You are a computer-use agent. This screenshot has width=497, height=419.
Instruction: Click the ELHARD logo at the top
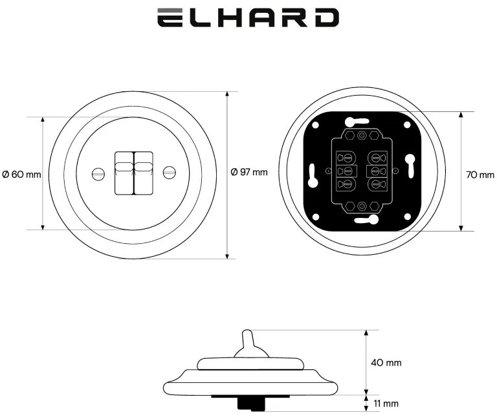point(248,17)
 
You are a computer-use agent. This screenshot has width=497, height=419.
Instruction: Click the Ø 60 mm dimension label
point(21,175)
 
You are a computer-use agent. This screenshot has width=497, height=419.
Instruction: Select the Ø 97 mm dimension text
point(248,172)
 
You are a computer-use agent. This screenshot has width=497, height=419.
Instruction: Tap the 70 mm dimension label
point(480,175)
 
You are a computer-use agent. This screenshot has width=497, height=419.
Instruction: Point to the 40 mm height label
point(386,362)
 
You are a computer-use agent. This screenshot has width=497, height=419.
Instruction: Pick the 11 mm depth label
point(386,403)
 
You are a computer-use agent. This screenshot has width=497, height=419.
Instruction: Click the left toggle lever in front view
point(124,173)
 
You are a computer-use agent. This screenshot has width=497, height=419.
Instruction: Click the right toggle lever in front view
point(144,173)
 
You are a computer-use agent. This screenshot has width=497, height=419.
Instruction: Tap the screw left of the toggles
point(98,173)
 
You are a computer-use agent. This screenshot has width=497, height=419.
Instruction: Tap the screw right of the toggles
point(170,173)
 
